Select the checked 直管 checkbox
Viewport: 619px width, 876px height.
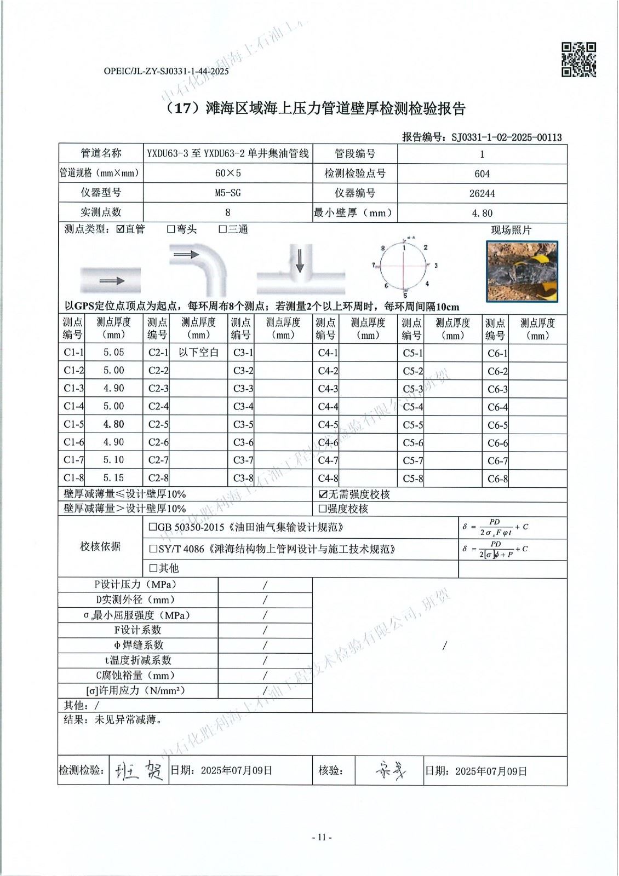[121, 229]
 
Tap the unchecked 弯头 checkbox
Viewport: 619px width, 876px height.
[171, 229]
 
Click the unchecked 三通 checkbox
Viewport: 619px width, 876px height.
[223, 229]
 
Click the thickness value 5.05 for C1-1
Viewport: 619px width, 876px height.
[114, 353]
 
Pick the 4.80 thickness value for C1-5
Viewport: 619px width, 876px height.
[114, 424]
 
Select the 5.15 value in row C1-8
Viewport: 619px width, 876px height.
[114, 477]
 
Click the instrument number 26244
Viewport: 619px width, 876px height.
[482, 193]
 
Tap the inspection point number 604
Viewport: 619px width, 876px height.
[482, 174]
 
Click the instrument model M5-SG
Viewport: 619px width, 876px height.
[228, 193]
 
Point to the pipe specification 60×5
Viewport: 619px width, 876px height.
[228, 173]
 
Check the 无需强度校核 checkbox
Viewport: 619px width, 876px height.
[323, 494]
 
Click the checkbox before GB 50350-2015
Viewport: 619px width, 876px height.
[153, 528]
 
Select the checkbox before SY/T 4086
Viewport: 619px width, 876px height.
[153, 549]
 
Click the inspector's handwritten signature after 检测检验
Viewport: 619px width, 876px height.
[139, 771]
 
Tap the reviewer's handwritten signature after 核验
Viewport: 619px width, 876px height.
[391, 771]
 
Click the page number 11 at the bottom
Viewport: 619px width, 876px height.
[322, 837]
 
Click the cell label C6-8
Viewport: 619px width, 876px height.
[497, 479]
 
